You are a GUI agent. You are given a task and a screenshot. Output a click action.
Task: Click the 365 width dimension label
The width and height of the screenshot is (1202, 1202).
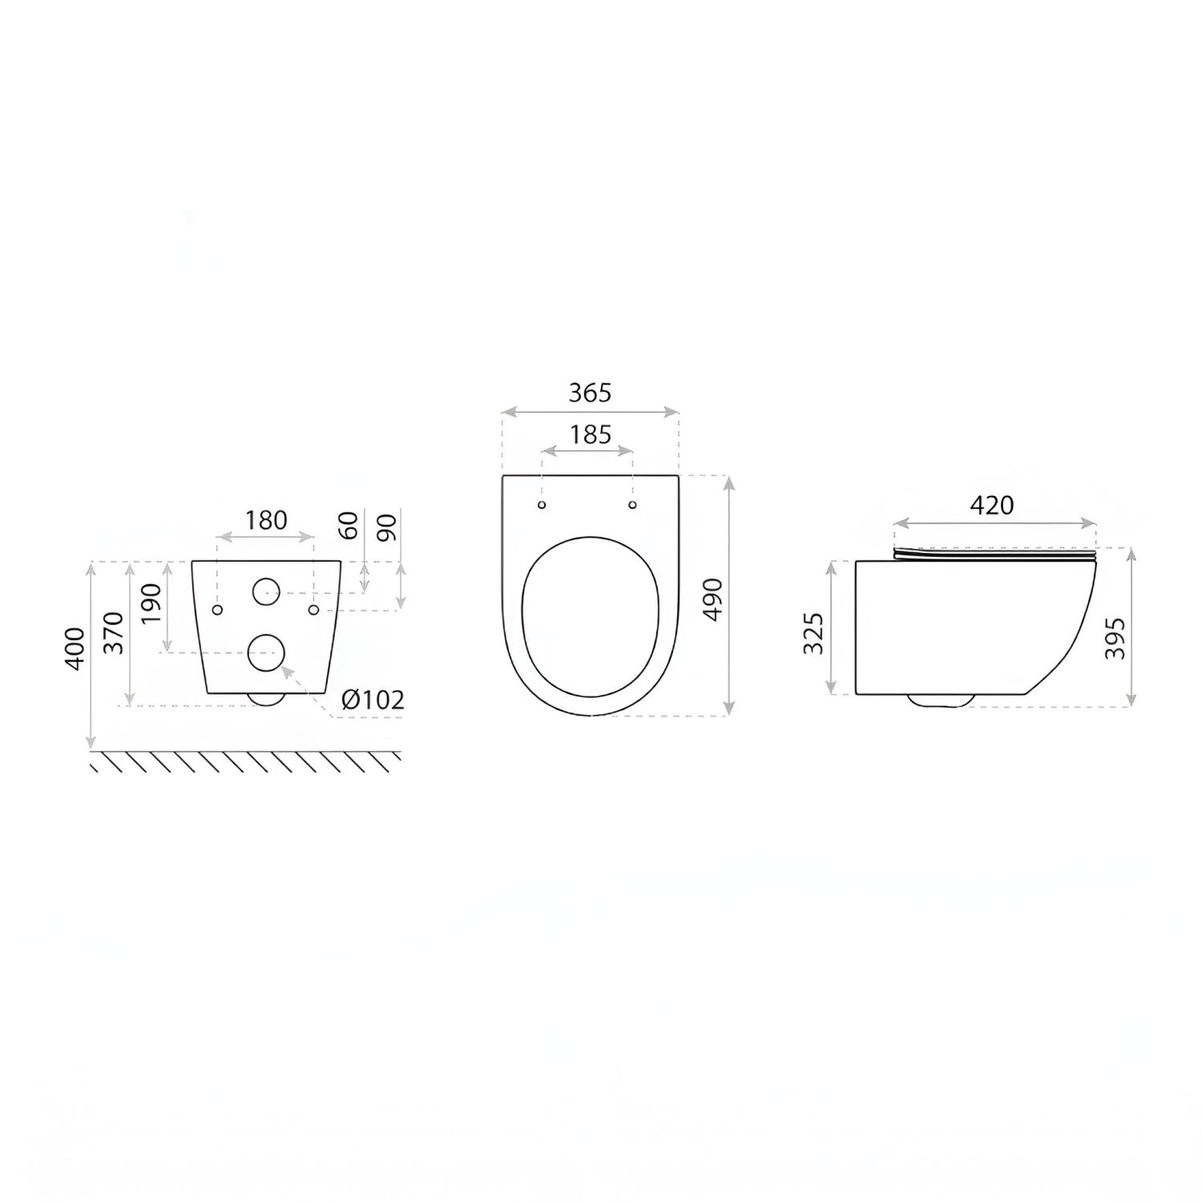coord(590,393)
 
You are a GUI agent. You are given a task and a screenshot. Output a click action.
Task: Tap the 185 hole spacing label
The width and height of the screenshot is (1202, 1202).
coord(590,434)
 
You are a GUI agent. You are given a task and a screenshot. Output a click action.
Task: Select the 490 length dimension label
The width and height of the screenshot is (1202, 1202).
coord(712,598)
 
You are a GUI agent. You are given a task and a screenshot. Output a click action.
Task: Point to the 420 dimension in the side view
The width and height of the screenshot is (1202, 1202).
coord(992,505)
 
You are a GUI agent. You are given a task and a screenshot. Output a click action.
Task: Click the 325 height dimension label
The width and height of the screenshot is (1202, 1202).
coord(813,633)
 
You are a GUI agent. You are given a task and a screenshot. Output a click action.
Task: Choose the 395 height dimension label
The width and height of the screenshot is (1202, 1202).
coord(1115,638)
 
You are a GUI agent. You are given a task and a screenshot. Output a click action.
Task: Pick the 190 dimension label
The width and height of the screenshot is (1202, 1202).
coord(151,604)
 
